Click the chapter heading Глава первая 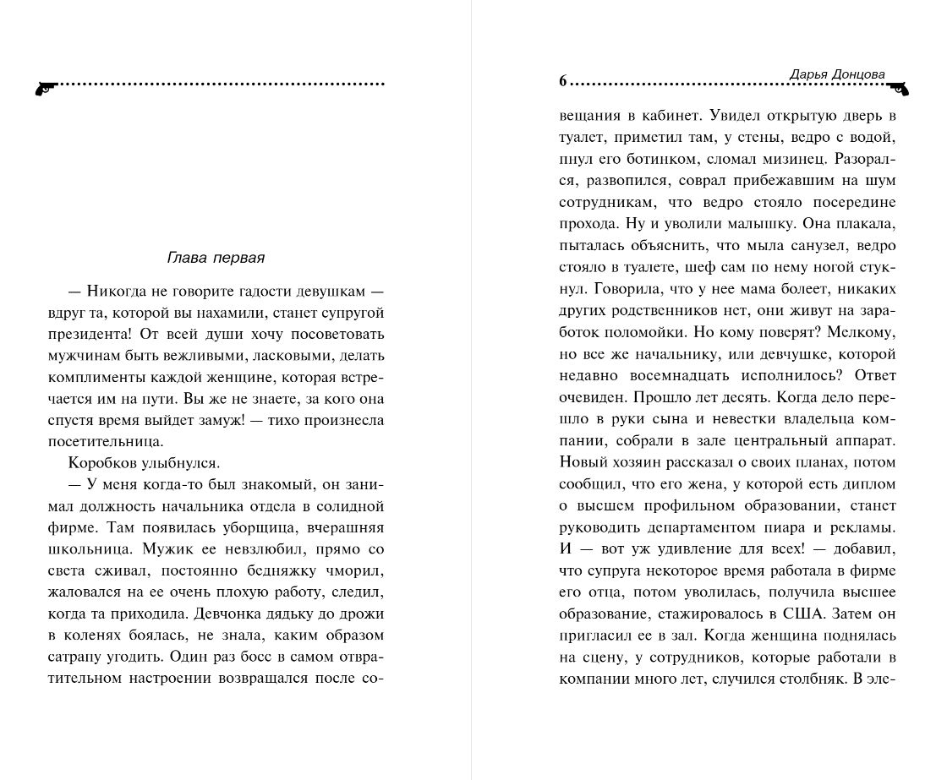coord(216,258)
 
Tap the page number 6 coord(562,81)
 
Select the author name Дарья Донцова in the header coord(837,74)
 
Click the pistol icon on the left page coord(45,86)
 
